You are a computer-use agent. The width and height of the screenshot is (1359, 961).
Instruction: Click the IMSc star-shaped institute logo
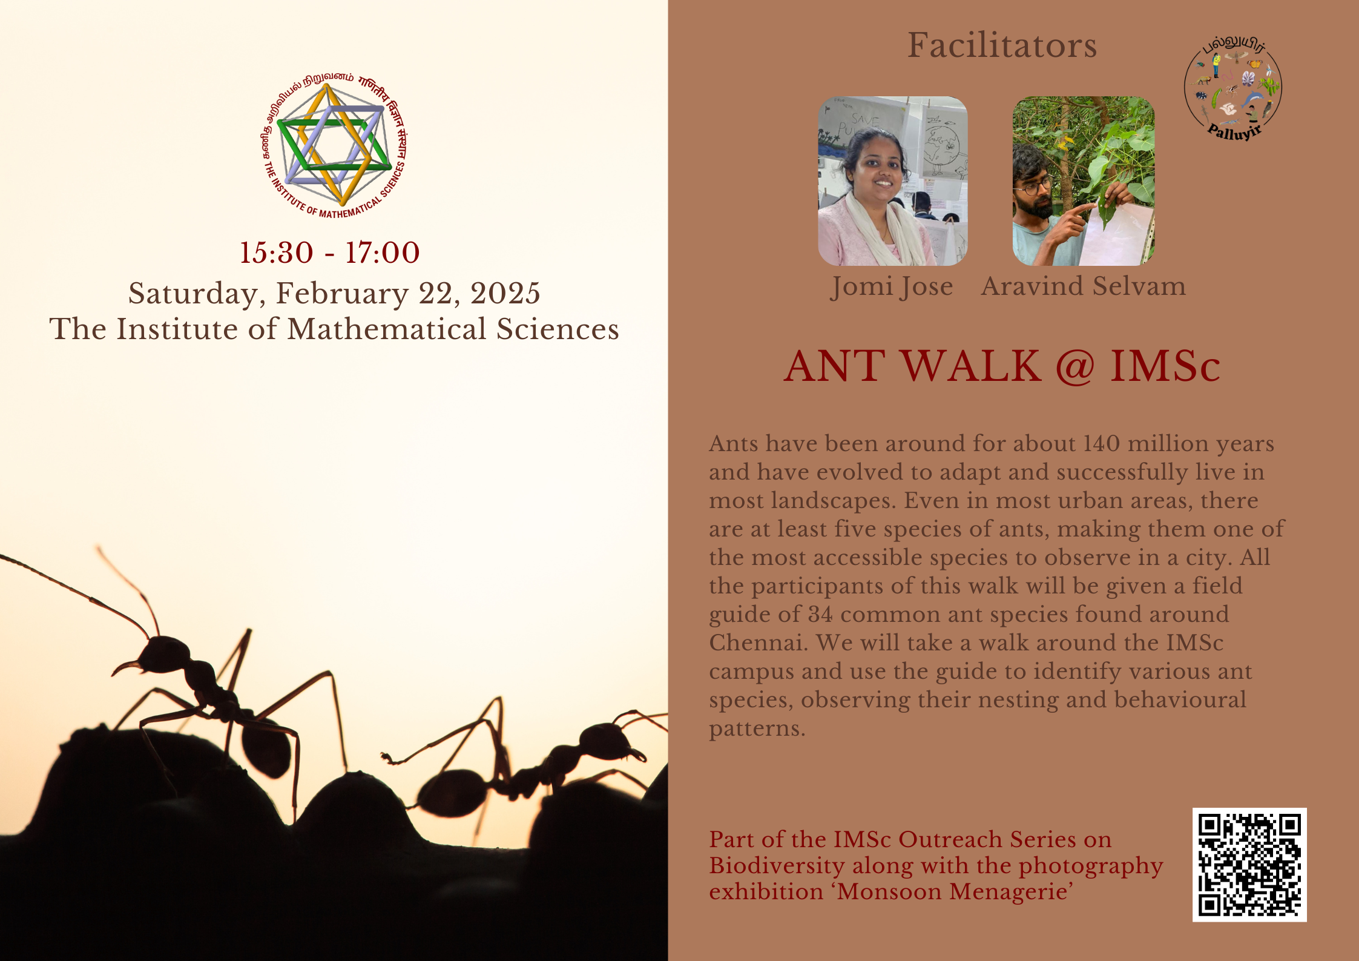pos(334,146)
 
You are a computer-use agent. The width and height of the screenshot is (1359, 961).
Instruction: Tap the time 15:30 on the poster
pos(277,253)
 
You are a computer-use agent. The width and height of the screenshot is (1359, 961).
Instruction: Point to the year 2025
pos(505,293)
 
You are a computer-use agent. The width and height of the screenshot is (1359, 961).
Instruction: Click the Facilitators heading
pos(1002,45)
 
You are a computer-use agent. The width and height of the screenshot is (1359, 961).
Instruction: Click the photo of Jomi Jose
pos(893,181)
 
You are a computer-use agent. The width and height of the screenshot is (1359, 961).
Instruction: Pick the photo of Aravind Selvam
pos(1084,181)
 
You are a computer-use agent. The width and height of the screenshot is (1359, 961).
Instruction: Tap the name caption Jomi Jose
pos(892,286)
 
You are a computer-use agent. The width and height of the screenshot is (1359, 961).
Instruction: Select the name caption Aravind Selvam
pos(1084,286)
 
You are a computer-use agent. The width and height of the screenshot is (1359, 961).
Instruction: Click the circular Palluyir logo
pos(1233,88)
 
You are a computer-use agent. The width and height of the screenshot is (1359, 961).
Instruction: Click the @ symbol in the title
pos(1075,366)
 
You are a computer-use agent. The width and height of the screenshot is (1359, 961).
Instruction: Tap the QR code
pos(1249,865)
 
